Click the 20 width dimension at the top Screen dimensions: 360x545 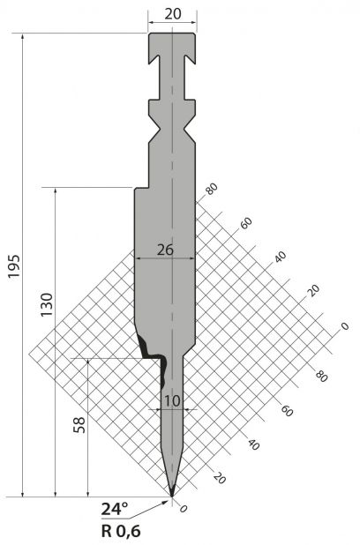[x=173, y=14]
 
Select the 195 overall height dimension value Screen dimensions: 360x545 [x=15, y=266]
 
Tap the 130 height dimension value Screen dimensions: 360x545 [x=47, y=304]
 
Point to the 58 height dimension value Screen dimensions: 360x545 [x=79, y=424]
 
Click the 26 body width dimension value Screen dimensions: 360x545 [x=165, y=250]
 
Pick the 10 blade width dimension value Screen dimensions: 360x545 [x=173, y=401]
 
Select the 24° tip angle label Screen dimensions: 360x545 [x=115, y=509]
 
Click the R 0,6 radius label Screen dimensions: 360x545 [x=121, y=531]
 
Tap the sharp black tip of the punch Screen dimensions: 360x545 [x=172, y=494]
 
